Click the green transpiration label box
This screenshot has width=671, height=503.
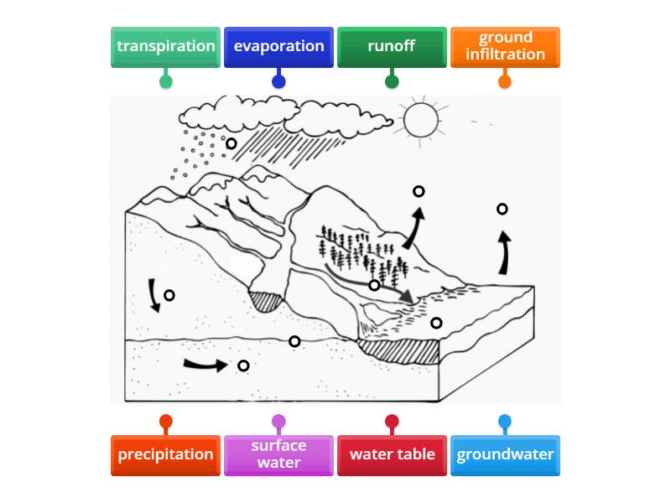165,47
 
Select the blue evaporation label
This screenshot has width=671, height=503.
278,47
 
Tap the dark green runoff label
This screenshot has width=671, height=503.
392,47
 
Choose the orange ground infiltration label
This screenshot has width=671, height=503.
505,47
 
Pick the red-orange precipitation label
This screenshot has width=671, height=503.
165,455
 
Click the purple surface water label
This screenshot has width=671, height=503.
278,455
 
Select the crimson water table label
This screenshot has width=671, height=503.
392,455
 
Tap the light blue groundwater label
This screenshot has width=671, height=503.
505,455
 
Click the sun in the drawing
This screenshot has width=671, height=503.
422,119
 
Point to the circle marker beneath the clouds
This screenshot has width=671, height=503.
231,143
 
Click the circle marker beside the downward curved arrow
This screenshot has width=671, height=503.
169,295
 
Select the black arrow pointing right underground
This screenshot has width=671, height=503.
205,365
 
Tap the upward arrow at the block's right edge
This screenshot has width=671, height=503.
504,254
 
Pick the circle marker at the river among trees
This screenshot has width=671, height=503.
375,285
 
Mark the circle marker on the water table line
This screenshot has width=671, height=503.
294,341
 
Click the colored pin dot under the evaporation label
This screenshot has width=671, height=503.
278,81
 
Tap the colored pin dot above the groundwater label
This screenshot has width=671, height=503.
505,422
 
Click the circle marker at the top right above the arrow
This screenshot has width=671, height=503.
502,209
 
